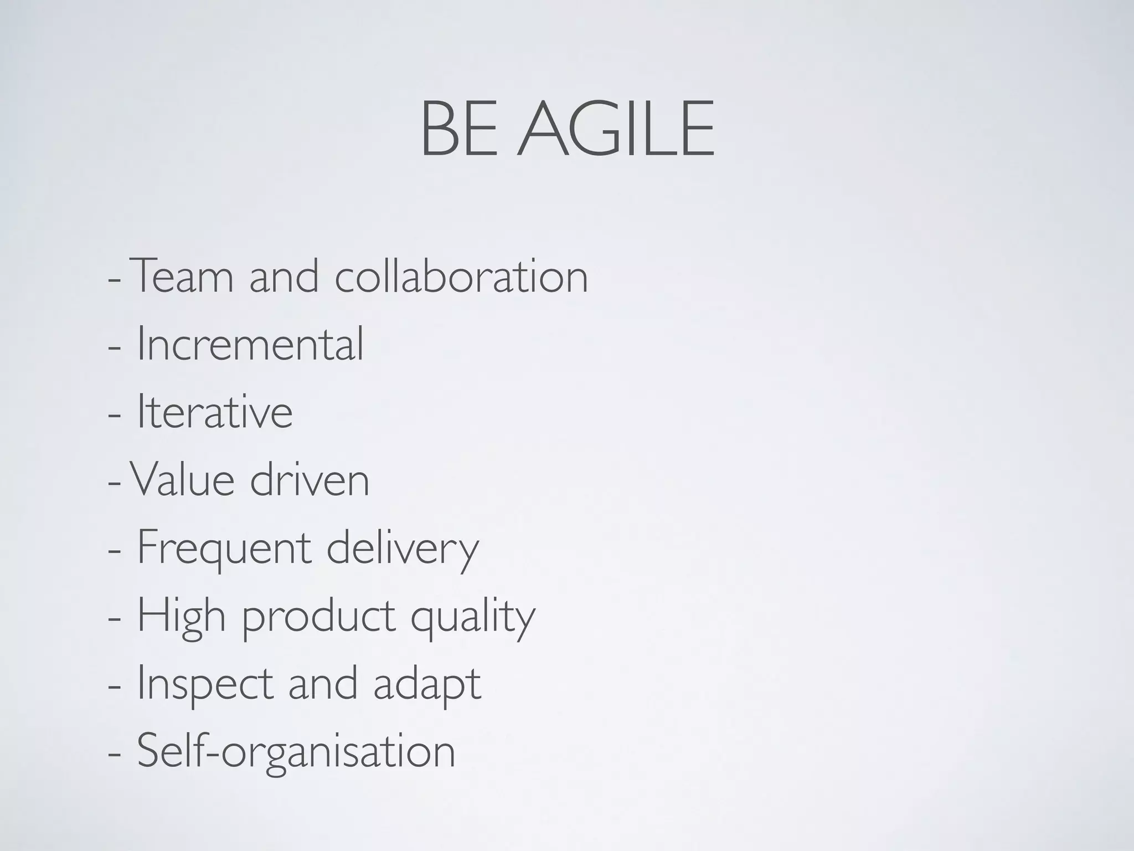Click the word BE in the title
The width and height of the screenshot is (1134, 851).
[x=459, y=130]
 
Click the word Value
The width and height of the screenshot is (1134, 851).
[x=182, y=480]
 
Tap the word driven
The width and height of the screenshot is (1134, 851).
[x=310, y=480]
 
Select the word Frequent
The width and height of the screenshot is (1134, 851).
[x=224, y=548]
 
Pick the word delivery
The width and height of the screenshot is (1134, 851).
[x=403, y=548]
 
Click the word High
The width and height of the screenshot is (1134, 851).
[x=181, y=616]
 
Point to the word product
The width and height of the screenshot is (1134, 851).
[x=319, y=616]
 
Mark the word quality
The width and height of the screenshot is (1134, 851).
[x=473, y=616]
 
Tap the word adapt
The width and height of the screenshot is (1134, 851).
[x=427, y=684]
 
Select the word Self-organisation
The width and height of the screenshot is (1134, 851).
[x=296, y=752]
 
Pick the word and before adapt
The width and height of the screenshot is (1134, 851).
[x=323, y=684]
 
